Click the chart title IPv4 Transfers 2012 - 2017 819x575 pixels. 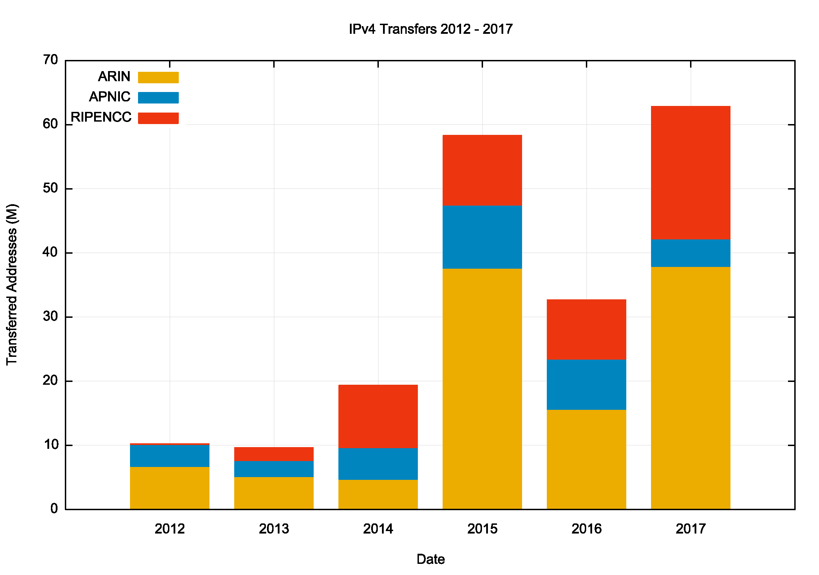[430, 29]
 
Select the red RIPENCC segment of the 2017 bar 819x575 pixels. [691, 172]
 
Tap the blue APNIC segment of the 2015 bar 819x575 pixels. [482, 237]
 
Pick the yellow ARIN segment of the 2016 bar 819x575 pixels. [587, 459]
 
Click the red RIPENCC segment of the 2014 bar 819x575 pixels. [378, 416]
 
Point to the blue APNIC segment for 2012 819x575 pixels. [169, 455]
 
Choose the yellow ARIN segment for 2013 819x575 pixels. [274, 493]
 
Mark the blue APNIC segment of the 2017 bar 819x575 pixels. [691, 253]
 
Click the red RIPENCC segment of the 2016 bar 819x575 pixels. [587, 329]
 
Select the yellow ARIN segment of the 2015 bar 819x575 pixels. [482, 389]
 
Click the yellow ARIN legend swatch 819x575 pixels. [158, 77]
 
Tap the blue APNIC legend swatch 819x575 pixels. [158, 98]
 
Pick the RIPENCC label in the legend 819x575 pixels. [101, 117]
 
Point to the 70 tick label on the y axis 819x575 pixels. [50, 60]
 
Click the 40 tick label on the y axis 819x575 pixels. [50, 253]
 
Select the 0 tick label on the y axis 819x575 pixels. [54, 509]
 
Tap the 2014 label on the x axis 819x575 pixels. [378, 529]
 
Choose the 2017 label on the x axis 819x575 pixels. [691, 529]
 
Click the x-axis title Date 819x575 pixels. [430, 559]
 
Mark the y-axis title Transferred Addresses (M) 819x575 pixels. [12, 285]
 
